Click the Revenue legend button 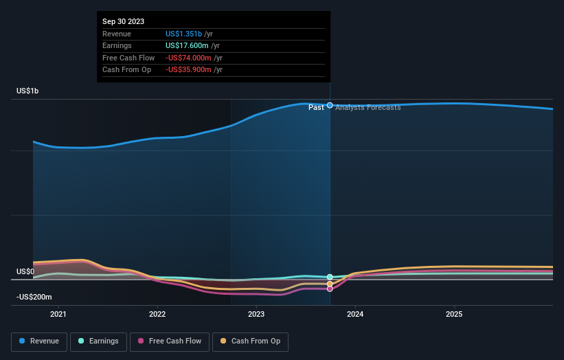pyautogui.click(x=38, y=341)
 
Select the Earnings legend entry pyautogui.click(x=100, y=341)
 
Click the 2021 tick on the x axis pyautogui.click(x=58, y=315)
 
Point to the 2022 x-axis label pyautogui.click(x=157, y=315)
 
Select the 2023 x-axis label pyautogui.click(x=256, y=315)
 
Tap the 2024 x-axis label pyautogui.click(x=355, y=315)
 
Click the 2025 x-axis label pyautogui.click(x=454, y=315)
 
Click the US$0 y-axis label pyautogui.click(x=25, y=271)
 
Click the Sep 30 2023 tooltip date pyautogui.click(x=124, y=22)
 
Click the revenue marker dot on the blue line pyautogui.click(x=330, y=105)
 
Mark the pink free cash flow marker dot pyautogui.click(x=330, y=289)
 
